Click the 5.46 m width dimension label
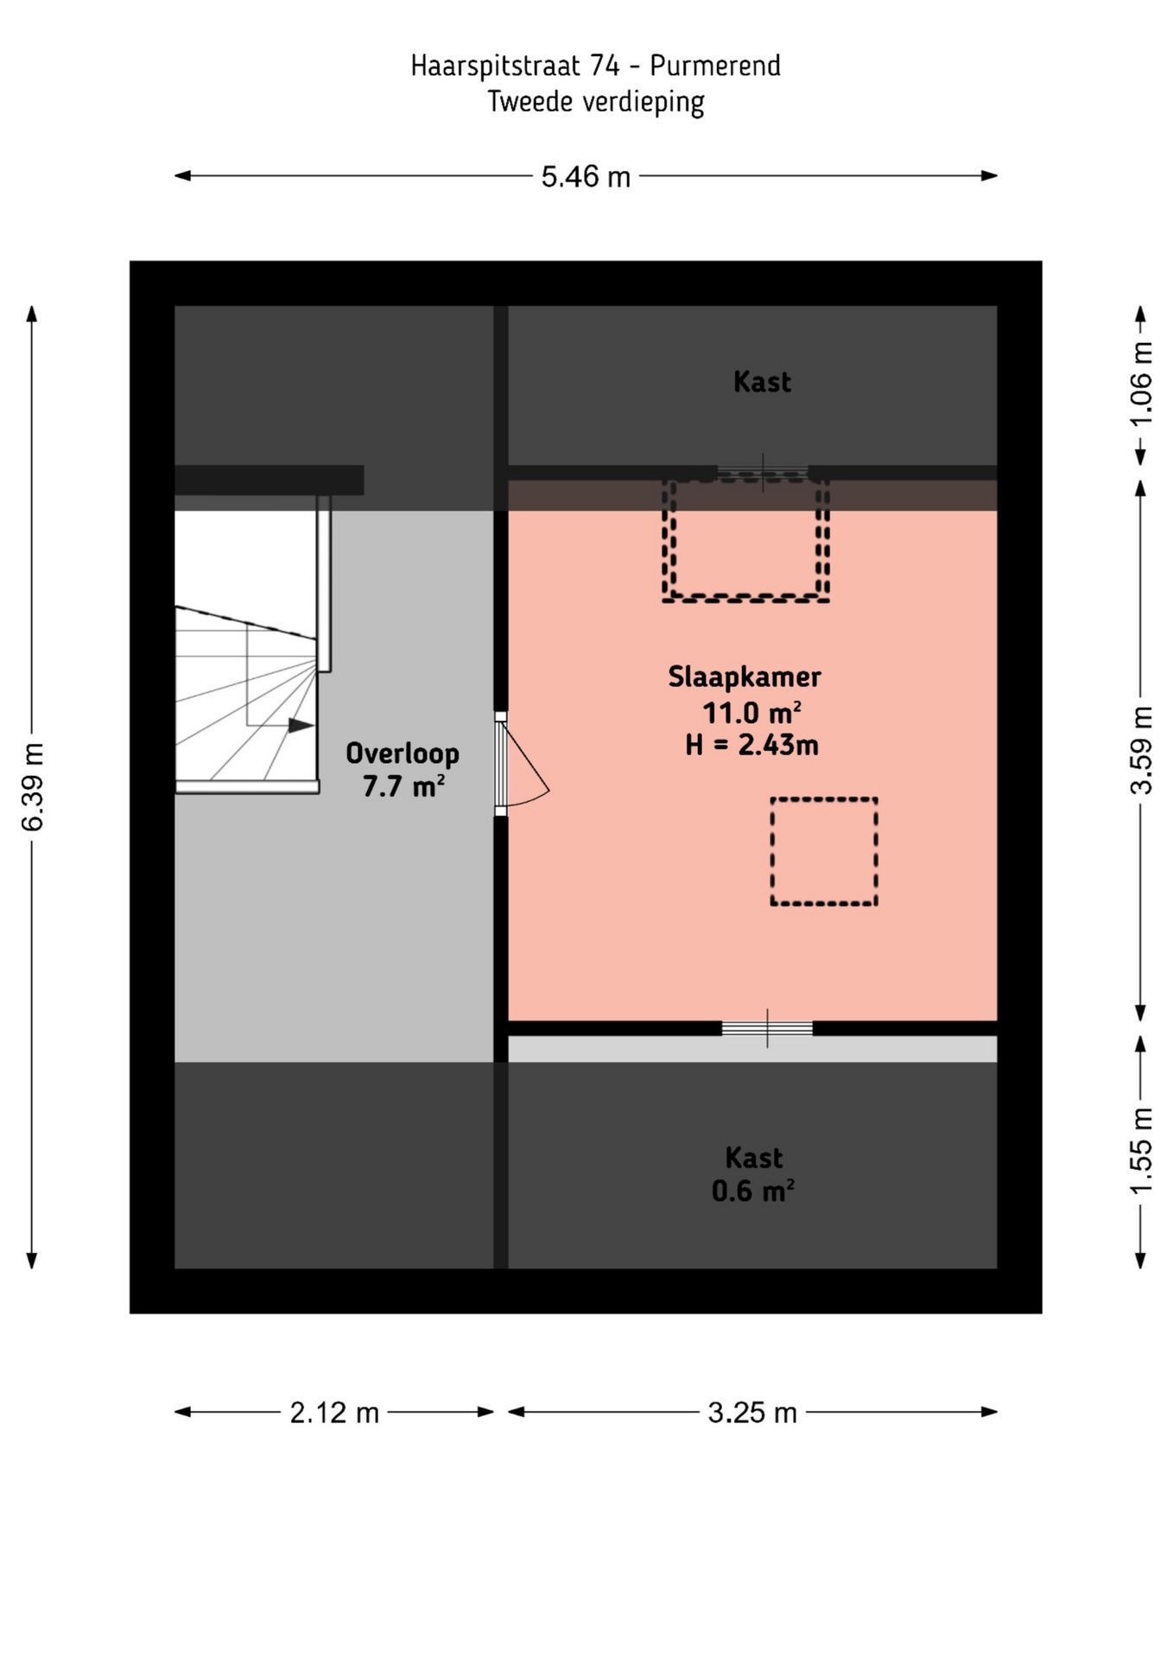tap(586, 177)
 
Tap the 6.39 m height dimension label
tap(32, 786)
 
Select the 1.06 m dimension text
tap(1141, 384)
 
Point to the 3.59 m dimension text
tap(1141, 749)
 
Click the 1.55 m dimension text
tap(1141, 1150)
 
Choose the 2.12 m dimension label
tap(334, 1413)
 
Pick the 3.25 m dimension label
tap(751, 1413)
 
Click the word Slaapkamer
tap(744, 677)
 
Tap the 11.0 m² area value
tap(751, 713)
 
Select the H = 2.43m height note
tap(751, 745)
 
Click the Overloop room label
tap(403, 753)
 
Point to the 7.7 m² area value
tap(403, 787)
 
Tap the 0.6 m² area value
tap(752, 1192)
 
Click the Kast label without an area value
tap(762, 382)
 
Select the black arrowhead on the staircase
tap(301, 725)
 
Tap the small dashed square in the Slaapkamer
tap(824, 851)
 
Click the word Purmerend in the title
tap(715, 66)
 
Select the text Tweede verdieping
tap(595, 102)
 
